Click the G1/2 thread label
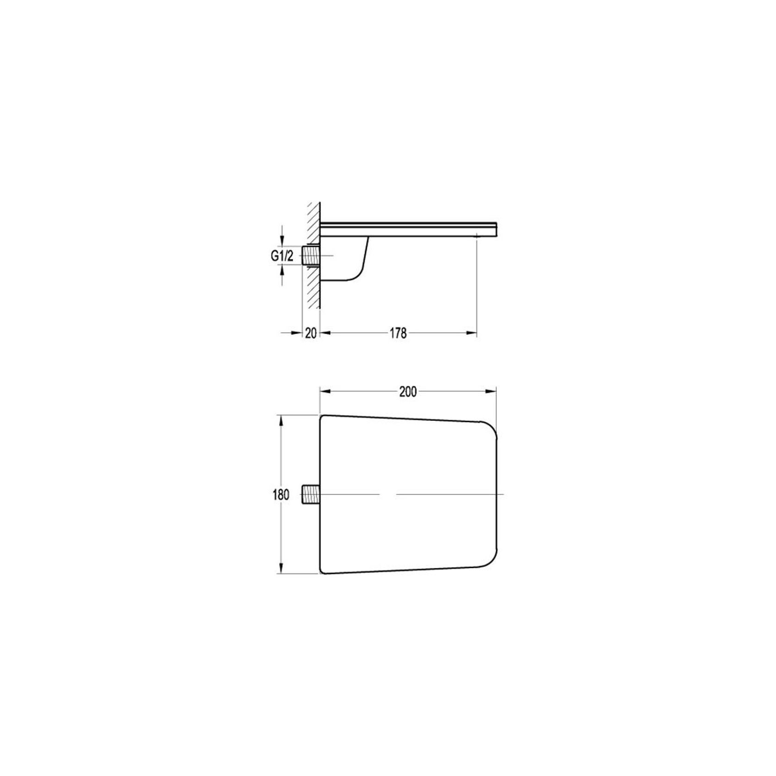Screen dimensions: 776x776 click(x=282, y=256)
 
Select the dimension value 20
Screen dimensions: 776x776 click(x=311, y=333)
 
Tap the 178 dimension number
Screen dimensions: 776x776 click(x=398, y=333)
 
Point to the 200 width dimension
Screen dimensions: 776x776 click(x=407, y=392)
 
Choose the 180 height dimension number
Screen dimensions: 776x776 click(x=281, y=495)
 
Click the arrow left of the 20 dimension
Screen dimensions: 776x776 click(x=296, y=332)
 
